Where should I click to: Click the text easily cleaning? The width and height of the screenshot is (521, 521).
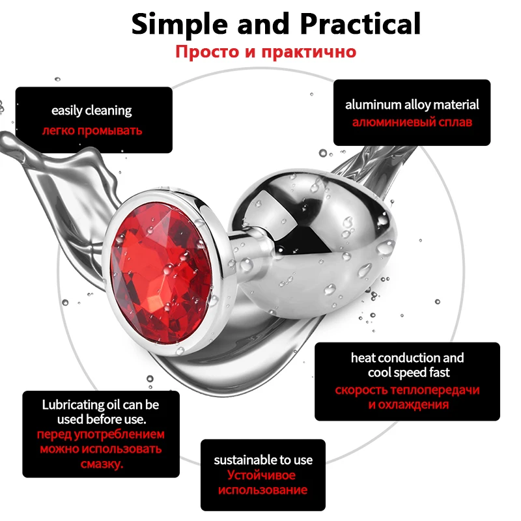(92, 110)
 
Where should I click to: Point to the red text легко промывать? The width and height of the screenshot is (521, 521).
(92, 130)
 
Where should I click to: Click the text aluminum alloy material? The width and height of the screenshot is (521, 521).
(412, 104)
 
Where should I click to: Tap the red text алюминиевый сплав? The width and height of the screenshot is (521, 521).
(412, 122)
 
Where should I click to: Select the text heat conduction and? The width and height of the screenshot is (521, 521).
(407, 358)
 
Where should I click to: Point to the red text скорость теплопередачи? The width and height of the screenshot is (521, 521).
(408, 390)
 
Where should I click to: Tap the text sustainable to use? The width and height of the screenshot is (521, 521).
(263, 460)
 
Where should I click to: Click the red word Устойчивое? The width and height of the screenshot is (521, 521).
(263, 475)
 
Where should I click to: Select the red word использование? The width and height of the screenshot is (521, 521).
(263, 490)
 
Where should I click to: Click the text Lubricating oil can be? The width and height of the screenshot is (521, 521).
(100, 404)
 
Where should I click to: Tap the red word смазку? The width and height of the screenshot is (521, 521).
(100, 464)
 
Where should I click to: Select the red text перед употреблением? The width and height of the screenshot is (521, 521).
(100, 434)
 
